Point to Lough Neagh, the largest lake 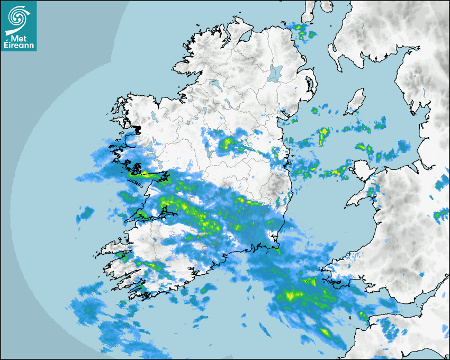tap(275, 73)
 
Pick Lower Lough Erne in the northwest tap(214, 84)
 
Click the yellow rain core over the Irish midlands tap(229, 143)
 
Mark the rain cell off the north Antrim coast tap(302, 32)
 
